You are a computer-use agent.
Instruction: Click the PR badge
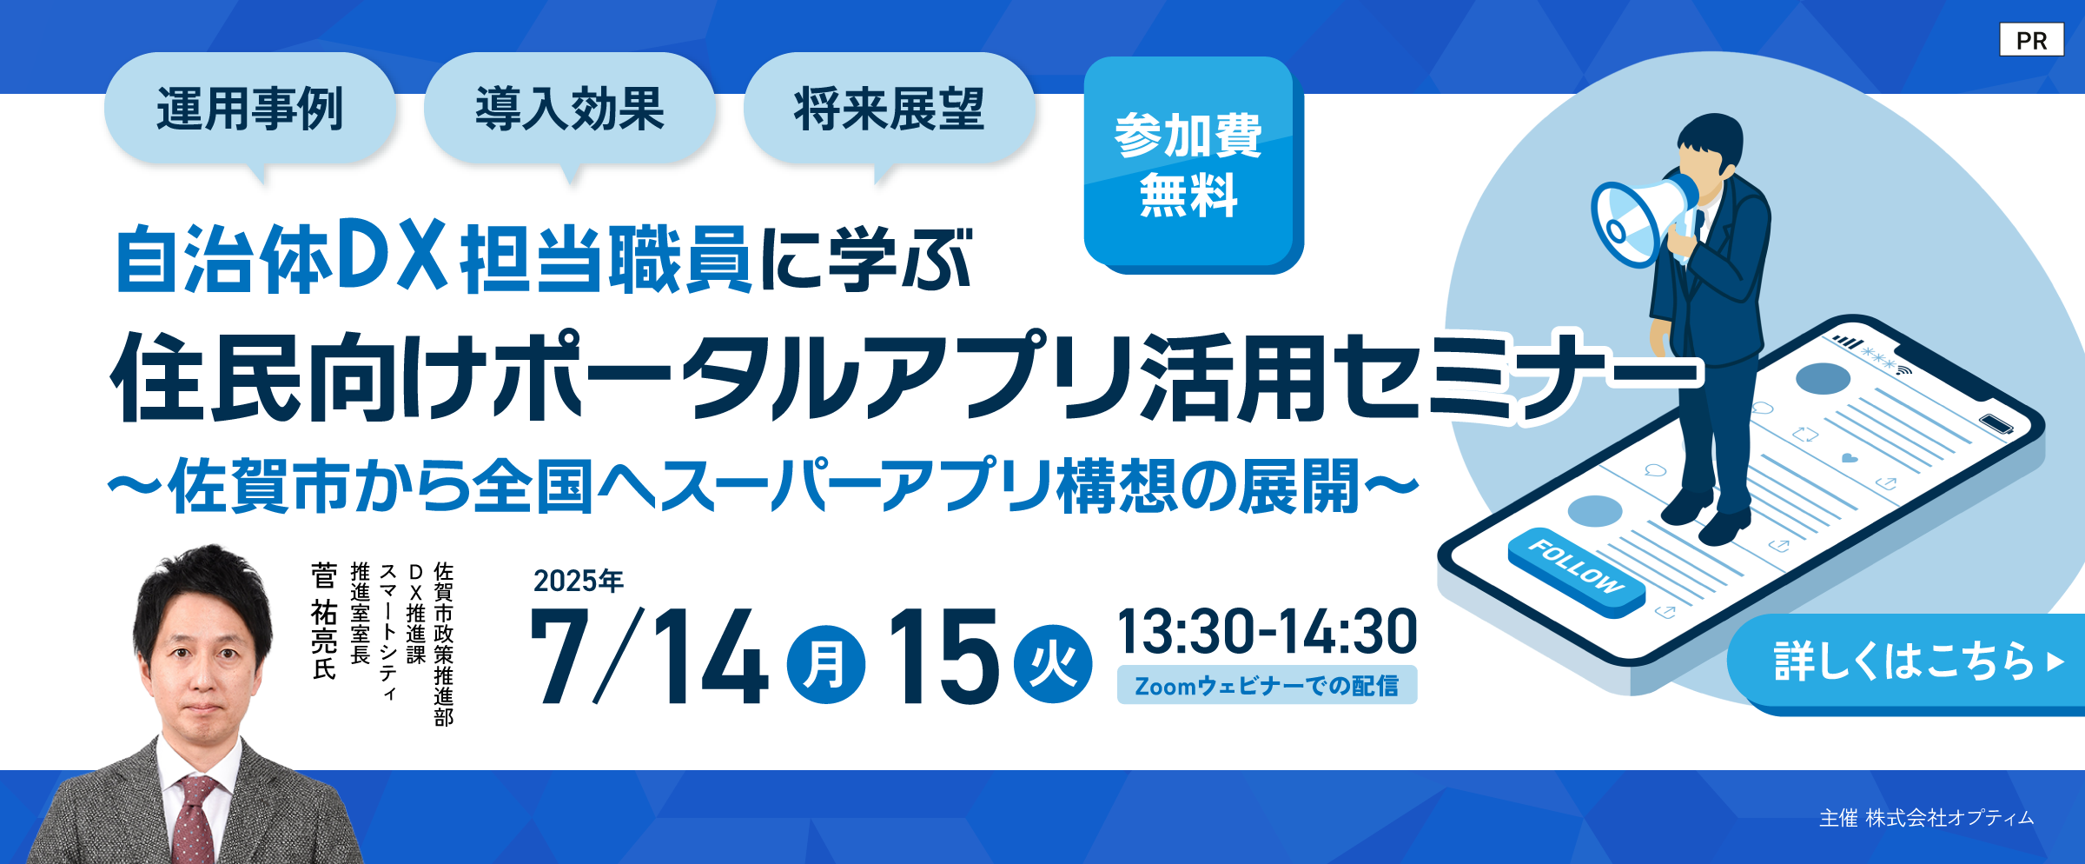[x=2031, y=40]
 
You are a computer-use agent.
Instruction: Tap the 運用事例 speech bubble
[x=249, y=111]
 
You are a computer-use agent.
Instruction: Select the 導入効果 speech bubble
[x=569, y=111]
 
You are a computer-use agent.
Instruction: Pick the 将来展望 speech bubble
[x=889, y=111]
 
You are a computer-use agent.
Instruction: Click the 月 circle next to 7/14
[x=825, y=665]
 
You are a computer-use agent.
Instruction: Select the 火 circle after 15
[x=1053, y=665]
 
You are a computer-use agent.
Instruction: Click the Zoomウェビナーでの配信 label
[x=1267, y=685]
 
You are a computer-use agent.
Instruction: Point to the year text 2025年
[x=579, y=581]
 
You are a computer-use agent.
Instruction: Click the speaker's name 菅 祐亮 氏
[x=324, y=621]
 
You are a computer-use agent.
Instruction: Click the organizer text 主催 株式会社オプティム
[x=1926, y=818]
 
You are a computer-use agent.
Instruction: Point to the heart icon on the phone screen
[x=1850, y=458]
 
